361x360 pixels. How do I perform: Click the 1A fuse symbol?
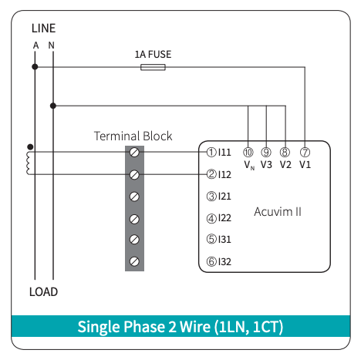click(153, 67)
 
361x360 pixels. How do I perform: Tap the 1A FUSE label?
click(153, 55)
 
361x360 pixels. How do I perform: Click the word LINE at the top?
click(43, 29)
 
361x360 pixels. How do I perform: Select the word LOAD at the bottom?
click(43, 292)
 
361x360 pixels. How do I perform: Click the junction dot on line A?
click(35, 67)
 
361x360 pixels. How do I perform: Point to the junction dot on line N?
click(53, 106)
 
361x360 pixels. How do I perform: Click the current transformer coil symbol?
click(28, 163)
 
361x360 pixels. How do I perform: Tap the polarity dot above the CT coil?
click(30, 146)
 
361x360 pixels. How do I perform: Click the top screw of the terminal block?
click(134, 153)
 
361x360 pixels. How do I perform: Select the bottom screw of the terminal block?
click(134, 261)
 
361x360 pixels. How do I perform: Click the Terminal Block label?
click(133, 136)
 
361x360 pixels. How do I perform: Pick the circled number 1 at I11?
click(211, 153)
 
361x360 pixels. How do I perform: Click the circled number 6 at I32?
click(211, 261)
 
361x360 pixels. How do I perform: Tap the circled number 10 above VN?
click(248, 153)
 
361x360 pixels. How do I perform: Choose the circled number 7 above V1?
click(305, 153)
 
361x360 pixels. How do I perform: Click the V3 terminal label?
click(266, 165)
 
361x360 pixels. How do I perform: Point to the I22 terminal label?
click(224, 218)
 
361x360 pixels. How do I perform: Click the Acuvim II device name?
click(278, 212)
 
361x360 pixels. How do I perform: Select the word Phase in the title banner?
click(144, 327)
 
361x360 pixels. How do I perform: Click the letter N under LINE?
click(52, 45)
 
